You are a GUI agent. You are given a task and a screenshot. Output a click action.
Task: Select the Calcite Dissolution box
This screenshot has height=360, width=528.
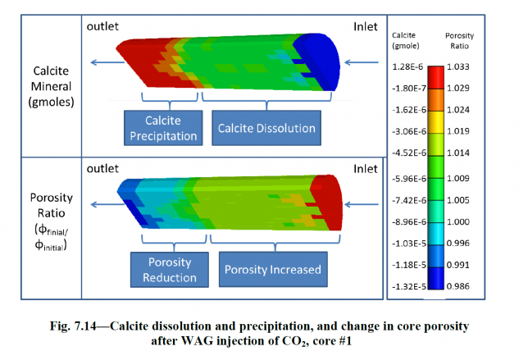coord(266,128)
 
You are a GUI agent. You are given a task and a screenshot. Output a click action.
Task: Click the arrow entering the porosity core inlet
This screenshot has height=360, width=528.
coord(361,205)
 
